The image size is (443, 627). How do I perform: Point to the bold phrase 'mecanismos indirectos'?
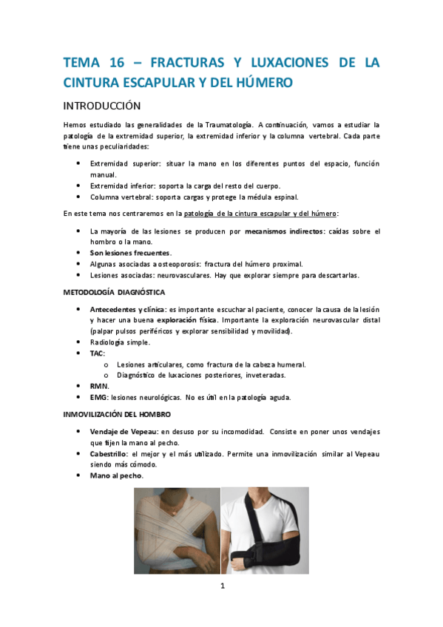[285, 231]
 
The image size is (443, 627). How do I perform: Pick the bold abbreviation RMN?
[99, 386]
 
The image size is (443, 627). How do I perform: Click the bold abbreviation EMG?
[98, 397]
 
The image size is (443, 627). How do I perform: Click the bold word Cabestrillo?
[110, 453]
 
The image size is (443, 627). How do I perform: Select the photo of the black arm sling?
[266, 530]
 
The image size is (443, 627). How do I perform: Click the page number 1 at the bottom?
[221, 587]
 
